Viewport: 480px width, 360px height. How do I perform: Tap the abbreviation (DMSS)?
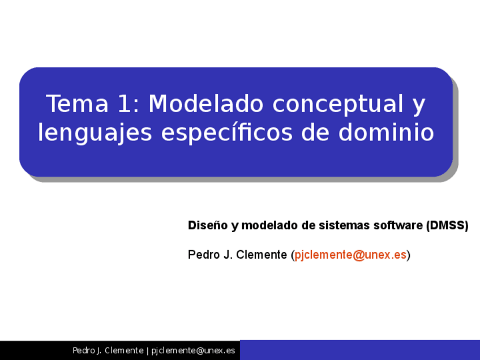pyautogui.click(x=447, y=225)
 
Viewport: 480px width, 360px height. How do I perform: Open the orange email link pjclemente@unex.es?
pyautogui.click(x=350, y=255)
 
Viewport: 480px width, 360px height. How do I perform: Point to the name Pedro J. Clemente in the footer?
pyautogui.click(x=108, y=350)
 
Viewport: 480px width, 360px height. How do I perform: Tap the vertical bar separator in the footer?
pyautogui.click(x=147, y=350)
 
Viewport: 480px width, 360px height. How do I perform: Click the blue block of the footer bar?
pyautogui.click(x=359, y=350)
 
